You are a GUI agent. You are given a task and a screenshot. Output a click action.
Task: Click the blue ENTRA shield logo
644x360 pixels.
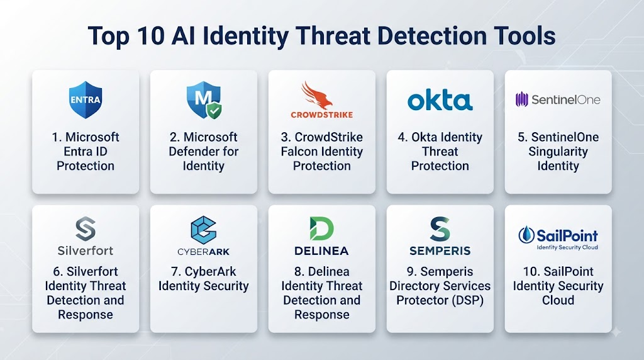tap(86, 100)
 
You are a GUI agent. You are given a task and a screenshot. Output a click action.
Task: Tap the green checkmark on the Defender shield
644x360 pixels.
tap(214, 111)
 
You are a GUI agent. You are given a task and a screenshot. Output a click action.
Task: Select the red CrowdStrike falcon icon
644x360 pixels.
tap(317, 95)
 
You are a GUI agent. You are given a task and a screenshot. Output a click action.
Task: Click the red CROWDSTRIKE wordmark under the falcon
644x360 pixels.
tap(321, 115)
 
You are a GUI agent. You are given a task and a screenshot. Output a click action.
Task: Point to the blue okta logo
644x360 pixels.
tap(440, 100)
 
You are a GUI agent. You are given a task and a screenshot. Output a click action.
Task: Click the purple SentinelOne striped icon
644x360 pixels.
tap(521, 99)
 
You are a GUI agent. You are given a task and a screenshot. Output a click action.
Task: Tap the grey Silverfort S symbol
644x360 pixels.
tap(86, 228)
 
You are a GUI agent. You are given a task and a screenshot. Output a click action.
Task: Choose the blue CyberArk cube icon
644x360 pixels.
tap(203, 230)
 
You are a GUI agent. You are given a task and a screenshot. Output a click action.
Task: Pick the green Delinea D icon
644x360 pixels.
tap(321, 228)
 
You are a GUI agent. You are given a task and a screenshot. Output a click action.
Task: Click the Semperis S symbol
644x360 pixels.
tap(440, 228)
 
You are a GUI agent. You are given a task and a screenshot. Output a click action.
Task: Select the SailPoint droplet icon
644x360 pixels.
tap(526, 235)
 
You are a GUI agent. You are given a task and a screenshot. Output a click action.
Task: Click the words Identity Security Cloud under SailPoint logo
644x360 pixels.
tap(567, 247)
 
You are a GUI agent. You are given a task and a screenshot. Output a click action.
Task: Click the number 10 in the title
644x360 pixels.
tap(151, 36)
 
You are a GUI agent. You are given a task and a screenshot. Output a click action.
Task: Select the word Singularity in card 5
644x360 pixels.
tap(558, 152)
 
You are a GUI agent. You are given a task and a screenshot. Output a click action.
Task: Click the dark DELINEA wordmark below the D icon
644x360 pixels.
tap(321, 250)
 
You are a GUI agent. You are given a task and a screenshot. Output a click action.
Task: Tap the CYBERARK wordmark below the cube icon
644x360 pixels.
tap(203, 252)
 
